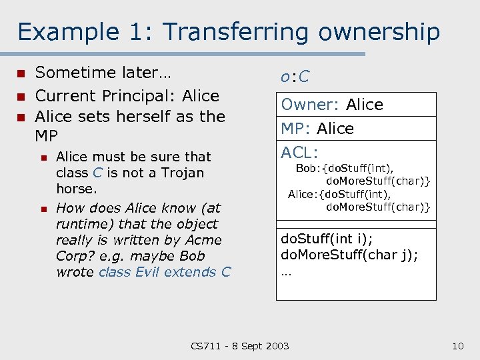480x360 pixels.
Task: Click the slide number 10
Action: coord(457,345)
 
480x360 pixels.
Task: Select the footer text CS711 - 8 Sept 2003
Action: coord(240,345)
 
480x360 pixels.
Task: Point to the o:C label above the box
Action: coord(295,77)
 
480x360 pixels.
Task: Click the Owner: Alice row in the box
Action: coord(332,105)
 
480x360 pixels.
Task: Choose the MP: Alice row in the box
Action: coord(317,129)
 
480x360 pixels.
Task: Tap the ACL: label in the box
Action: coord(299,153)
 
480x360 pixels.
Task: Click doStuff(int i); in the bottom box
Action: coord(334,238)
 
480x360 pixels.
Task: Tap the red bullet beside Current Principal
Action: coord(21,96)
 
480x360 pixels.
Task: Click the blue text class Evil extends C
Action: coord(164,272)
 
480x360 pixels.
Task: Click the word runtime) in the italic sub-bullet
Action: coord(81,224)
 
